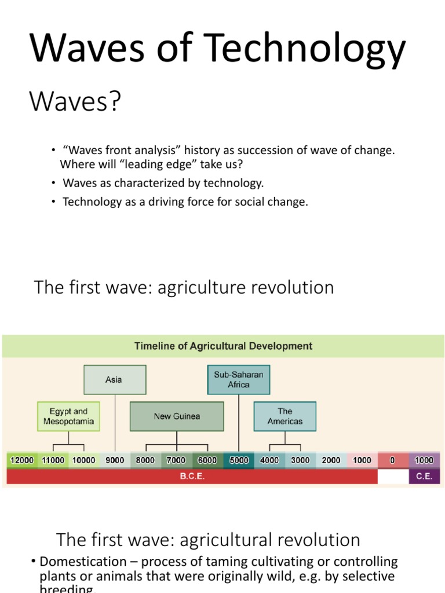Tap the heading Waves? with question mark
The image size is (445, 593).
pyautogui.click(x=75, y=103)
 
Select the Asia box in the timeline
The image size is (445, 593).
pyautogui.click(x=114, y=380)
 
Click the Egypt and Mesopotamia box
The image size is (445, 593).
pyautogui.click(x=68, y=416)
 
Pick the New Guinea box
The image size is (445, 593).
pyautogui.click(x=177, y=416)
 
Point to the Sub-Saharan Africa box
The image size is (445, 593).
pyautogui.click(x=239, y=380)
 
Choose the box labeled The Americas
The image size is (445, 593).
pyautogui.click(x=285, y=416)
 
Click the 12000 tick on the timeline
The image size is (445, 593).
pyautogui.click(x=22, y=460)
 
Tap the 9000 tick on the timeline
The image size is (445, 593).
pyautogui.click(x=114, y=460)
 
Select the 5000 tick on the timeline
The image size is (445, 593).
pyautogui.click(x=238, y=460)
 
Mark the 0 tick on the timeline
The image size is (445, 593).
pyautogui.click(x=392, y=460)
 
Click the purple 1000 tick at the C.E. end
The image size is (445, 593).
pyautogui.click(x=424, y=460)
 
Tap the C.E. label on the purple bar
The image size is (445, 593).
pyautogui.click(x=424, y=477)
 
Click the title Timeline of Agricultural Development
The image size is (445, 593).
pyautogui.click(x=223, y=346)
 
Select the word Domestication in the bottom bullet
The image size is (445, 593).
pyautogui.click(x=82, y=562)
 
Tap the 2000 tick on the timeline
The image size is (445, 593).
pyautogui.click(x=331, y=460)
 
